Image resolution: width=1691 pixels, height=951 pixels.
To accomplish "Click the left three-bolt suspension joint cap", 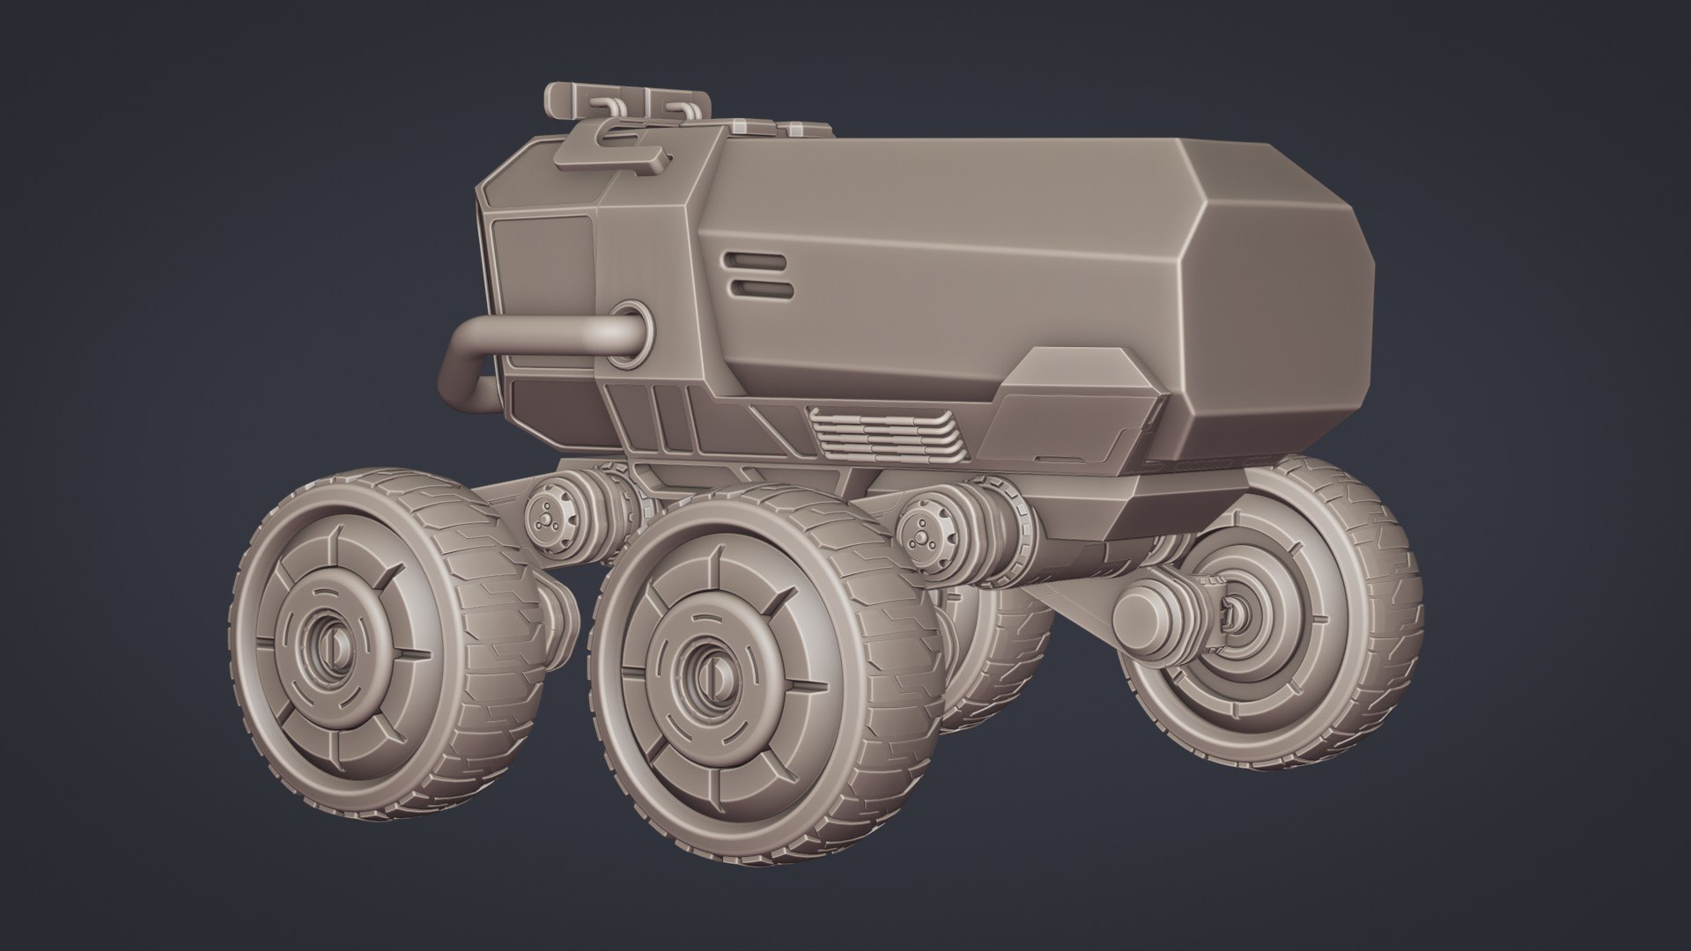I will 545,520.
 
